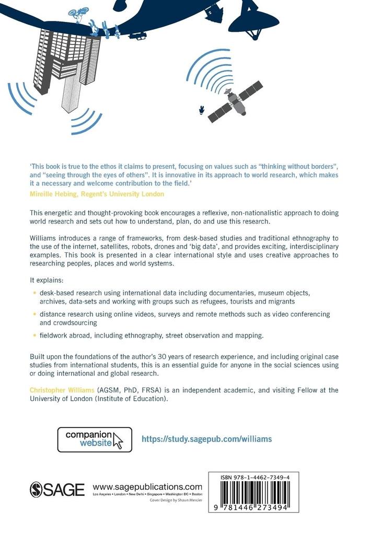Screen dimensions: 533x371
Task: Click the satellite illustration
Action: pyautogui.click(x=235, y=102)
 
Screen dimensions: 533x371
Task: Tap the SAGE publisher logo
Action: pyautogui.click(x=57, y=489)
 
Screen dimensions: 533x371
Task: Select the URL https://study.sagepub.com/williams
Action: pyautogui.click(x=206, y=439)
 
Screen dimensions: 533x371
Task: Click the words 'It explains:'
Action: pyautogui.click(x=45, y=280)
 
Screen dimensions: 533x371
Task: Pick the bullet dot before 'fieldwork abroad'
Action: pyautogui.click(x=34, y=335)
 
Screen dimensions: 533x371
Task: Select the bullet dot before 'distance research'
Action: pyautogui.click(x=34, y=314)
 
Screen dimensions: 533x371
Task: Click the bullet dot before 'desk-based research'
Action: pyautogui.click(x=34, y=293)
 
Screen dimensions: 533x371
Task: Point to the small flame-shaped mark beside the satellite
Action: pyautogui.click(x=201, y=110)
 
